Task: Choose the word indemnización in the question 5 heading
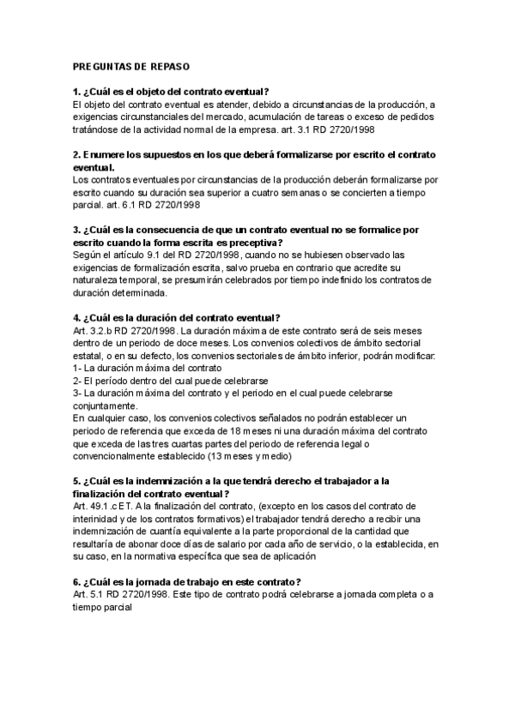pos(183,482)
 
